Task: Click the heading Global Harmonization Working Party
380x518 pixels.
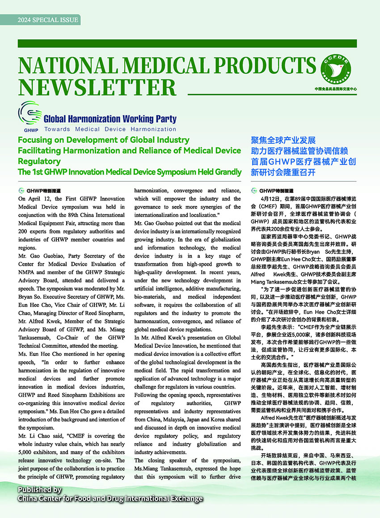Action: coord(110,119)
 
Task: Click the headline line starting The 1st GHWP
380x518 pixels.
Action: coord(130,171)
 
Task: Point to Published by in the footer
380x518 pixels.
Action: coord(40,489)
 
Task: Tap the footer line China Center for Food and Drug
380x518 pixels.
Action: coord(110,498)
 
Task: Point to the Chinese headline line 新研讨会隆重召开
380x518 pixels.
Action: coord(283,172)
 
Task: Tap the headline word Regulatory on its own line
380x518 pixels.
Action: coord(39,161)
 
